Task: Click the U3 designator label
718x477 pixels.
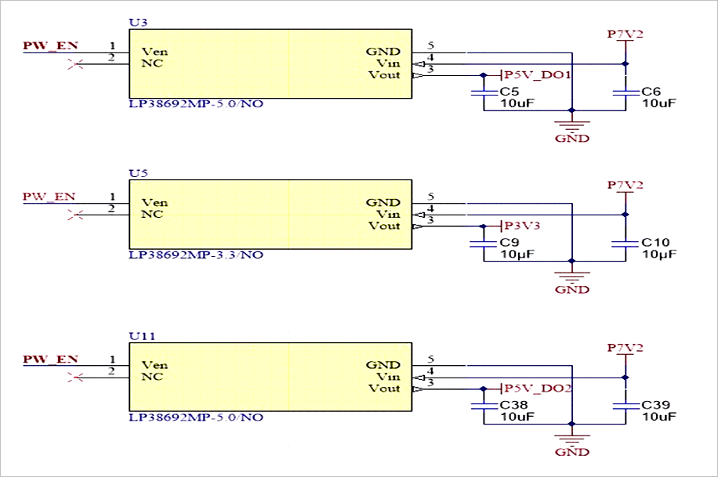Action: [138, 23]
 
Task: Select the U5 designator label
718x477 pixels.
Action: [138, 173]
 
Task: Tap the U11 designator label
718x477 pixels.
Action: [142, 336]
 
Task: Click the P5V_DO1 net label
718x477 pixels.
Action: [537, 74]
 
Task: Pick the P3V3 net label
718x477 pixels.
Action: [522, 226]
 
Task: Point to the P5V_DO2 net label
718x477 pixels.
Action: [538, 388]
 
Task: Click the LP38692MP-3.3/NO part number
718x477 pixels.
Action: [196, 255]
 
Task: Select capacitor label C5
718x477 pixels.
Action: [509, 91]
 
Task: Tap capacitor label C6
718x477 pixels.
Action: [651, 91]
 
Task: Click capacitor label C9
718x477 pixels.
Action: [509, 242]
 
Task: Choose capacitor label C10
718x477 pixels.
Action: [655, 242]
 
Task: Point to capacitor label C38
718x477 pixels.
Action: [513, 405]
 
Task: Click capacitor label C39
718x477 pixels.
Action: [655, 405]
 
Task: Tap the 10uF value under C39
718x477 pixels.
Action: [659, 417]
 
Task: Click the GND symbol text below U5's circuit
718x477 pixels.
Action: [572, 289]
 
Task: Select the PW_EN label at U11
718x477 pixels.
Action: [50, 359]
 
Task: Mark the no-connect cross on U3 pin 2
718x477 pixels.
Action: [75, 64]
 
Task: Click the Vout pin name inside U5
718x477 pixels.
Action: [385, 226]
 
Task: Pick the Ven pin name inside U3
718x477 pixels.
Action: [154, 51]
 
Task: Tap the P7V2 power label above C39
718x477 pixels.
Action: [625, 348]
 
